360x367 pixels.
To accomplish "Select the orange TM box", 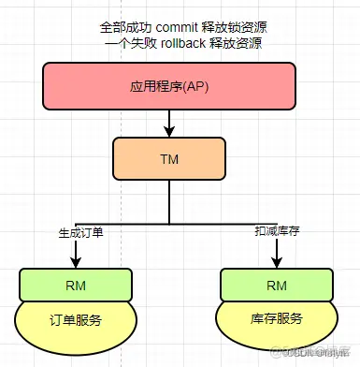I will coord(168,159).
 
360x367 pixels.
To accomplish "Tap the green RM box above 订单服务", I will coord(73,284).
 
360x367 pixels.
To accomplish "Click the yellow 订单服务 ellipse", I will coord(73,321).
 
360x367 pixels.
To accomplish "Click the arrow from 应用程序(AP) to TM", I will coord(169,122).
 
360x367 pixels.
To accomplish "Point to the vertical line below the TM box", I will coord(169,201).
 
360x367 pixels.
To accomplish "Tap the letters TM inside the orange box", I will coord(168,159).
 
